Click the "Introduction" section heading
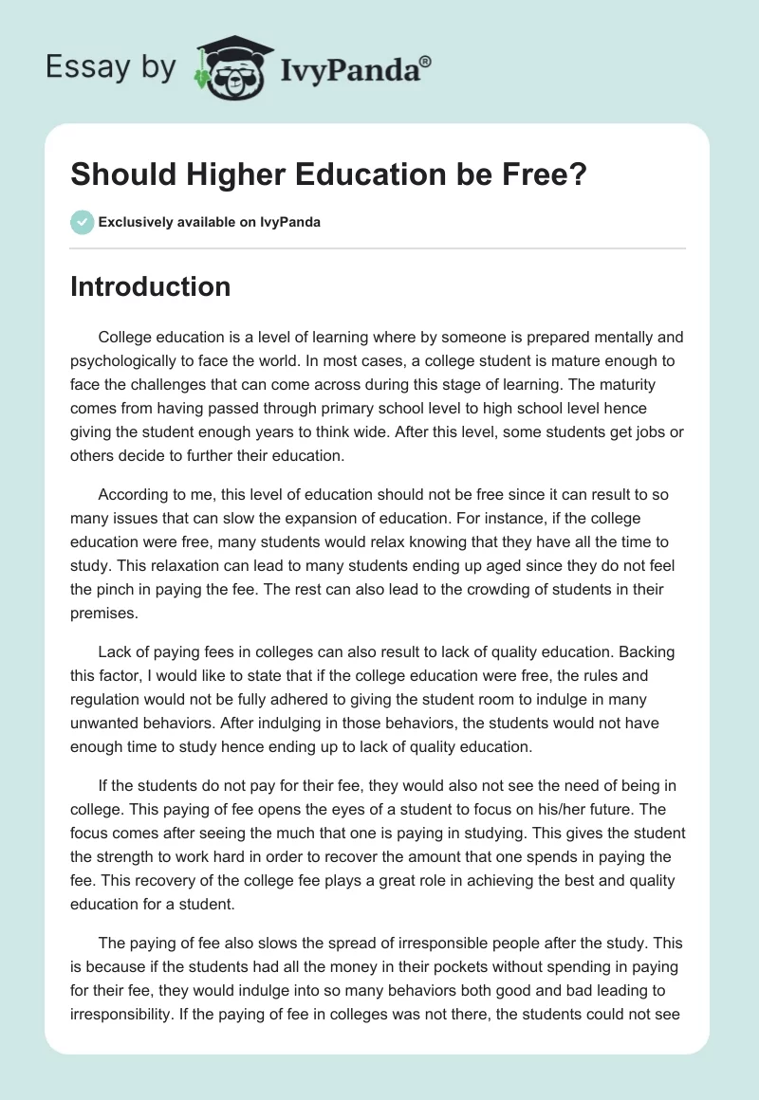pos(150,286)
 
